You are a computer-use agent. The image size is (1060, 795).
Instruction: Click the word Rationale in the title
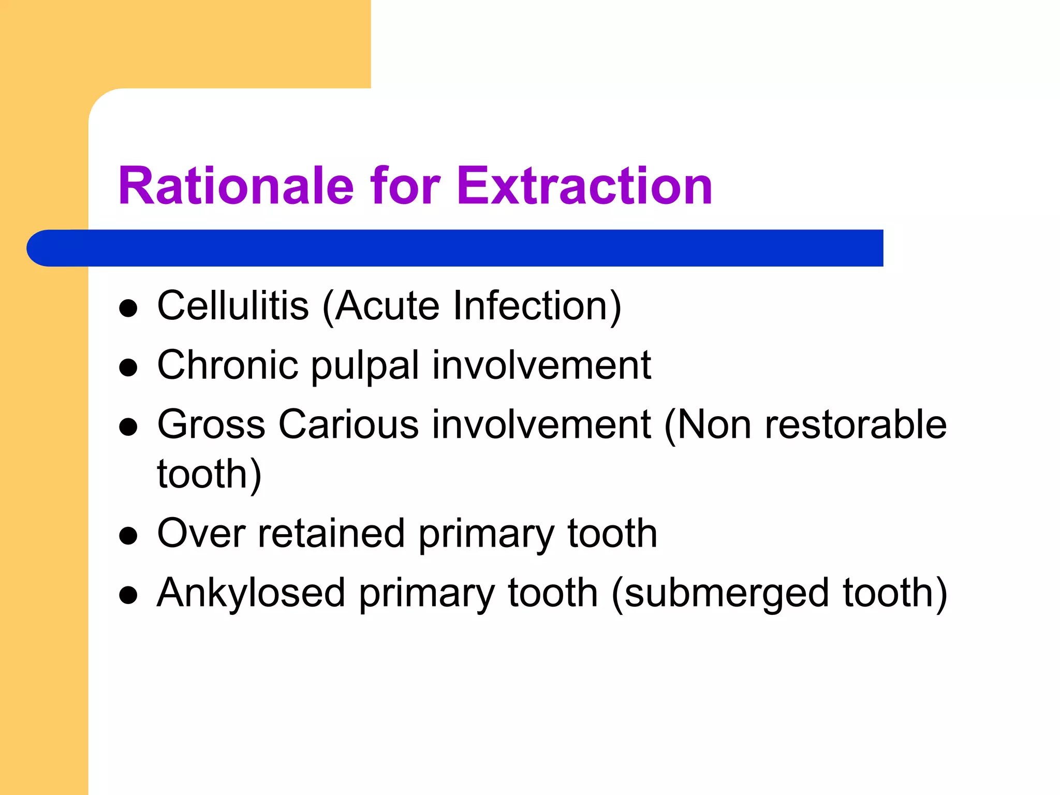point(236,186)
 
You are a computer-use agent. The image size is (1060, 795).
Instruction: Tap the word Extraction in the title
point(584,186)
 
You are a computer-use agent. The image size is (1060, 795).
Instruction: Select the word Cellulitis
point(233,306)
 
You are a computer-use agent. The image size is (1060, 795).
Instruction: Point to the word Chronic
point(228,365)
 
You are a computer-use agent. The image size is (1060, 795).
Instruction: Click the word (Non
point(707,425)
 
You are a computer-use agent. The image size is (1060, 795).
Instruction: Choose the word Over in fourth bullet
point(201,534)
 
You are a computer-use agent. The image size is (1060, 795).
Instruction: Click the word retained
point(331,534)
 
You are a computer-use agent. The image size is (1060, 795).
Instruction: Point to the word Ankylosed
point(251,593)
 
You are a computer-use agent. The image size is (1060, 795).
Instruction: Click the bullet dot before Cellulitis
point(128,308)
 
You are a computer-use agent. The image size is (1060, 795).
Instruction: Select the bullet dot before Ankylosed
point(128,596)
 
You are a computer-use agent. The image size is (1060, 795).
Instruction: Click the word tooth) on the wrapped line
point(209,475)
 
